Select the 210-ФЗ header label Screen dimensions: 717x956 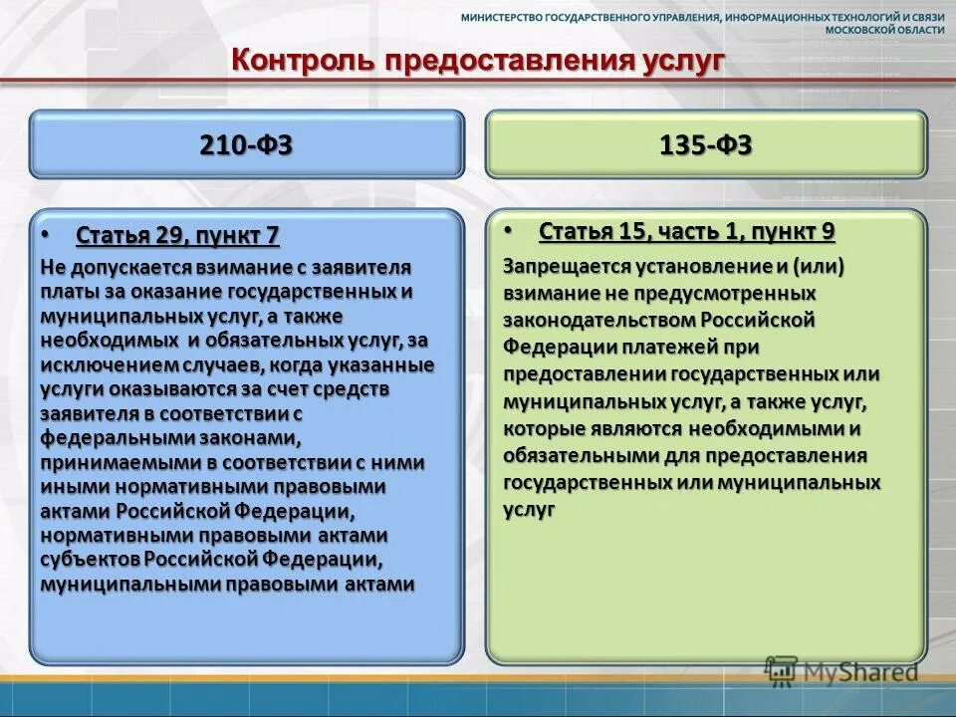tap(246, 145)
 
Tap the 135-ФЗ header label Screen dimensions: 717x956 tap(705, 145)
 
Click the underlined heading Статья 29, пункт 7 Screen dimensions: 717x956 tap(177, 236)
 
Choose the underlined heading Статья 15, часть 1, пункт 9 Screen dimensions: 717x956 tap(686, 232)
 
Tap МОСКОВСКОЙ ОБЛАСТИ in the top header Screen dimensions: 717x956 tap(885, 31)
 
